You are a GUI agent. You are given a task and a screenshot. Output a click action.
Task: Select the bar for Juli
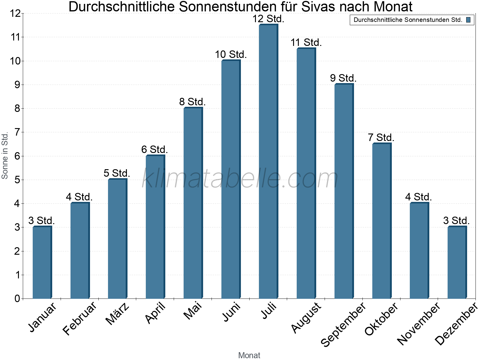click(268, 162)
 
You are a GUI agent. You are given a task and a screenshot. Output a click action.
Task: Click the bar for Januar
click(42, 262)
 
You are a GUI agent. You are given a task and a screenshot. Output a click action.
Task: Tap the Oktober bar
click(382, 221)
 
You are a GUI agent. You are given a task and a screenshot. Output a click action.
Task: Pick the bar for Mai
click(193, 203)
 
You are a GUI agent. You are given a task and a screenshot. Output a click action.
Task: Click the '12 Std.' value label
click(268, 19)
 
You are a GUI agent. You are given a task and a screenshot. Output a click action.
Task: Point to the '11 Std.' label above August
click(306, 43)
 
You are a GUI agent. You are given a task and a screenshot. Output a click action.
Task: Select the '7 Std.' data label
click(381, 138)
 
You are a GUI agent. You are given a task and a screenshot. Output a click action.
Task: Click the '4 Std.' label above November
click(418, 197)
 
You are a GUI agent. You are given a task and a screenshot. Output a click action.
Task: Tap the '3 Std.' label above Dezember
click(456, 221)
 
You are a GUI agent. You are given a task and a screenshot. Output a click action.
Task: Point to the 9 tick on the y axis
click(17, 85)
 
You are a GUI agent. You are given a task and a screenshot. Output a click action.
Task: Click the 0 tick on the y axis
click(17, 298)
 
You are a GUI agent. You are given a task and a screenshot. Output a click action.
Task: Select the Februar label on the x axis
click(80, 318)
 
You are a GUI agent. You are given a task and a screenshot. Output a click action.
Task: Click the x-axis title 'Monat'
click(249, 355)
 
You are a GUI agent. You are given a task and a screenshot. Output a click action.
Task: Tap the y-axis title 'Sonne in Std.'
click(5, 156)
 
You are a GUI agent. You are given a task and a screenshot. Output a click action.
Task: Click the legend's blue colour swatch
click(468, 20)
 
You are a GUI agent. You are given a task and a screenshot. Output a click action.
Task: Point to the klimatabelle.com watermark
click(240, 179)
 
